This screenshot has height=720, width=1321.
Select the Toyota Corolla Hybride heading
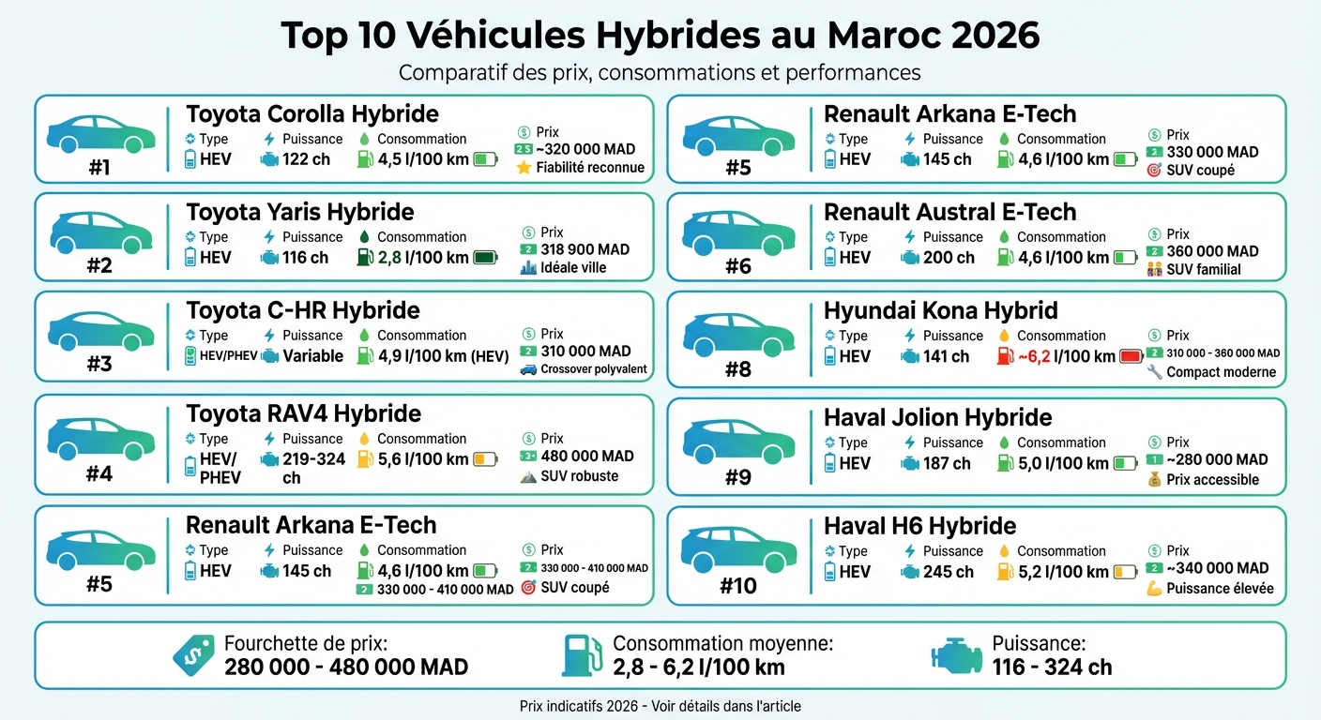(x=311, y=114)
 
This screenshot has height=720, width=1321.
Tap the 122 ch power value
(x=306, y=159)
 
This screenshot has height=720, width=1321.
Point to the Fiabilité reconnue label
(x=589, y=168)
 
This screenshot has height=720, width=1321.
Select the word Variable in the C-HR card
(x=312, y=356)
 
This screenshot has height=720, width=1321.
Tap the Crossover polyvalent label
(x=594, y=369)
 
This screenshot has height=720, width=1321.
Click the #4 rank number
(x=99, y=474)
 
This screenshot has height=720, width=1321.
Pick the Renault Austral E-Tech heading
(x=949, y=212)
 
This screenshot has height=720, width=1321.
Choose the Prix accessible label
(x=1212, y=480)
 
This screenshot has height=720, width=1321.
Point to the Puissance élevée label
(x=1220, y=589)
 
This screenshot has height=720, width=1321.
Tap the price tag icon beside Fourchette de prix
(x=193, y=655)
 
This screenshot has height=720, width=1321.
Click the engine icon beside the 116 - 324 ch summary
(x=956, y=655)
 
